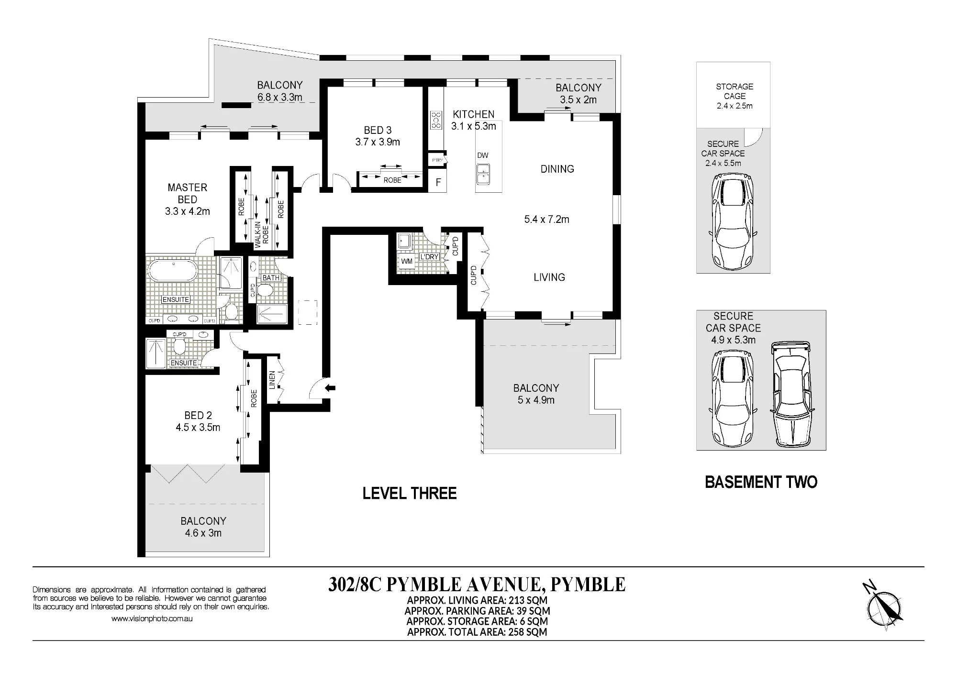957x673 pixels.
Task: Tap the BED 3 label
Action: [378, 130]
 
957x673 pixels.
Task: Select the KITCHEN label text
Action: [474, 114]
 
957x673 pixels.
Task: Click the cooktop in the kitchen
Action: [436, 120]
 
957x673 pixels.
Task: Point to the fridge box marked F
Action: [438, 183]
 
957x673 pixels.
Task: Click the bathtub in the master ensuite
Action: [172, 271]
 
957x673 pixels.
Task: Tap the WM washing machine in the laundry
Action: [407, 262]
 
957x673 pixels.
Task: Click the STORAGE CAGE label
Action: [734, 91]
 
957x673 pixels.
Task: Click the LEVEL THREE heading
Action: [410, 493]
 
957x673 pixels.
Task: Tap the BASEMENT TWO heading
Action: [761, 482]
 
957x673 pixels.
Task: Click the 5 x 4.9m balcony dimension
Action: [536, 400]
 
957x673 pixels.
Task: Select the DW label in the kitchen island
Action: [483, 155]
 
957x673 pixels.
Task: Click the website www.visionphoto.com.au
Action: [152, 619]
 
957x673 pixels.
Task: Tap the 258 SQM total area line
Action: [477, 632]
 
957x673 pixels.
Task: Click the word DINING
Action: [557, 169]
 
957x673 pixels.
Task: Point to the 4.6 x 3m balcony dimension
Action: [203, 533]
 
